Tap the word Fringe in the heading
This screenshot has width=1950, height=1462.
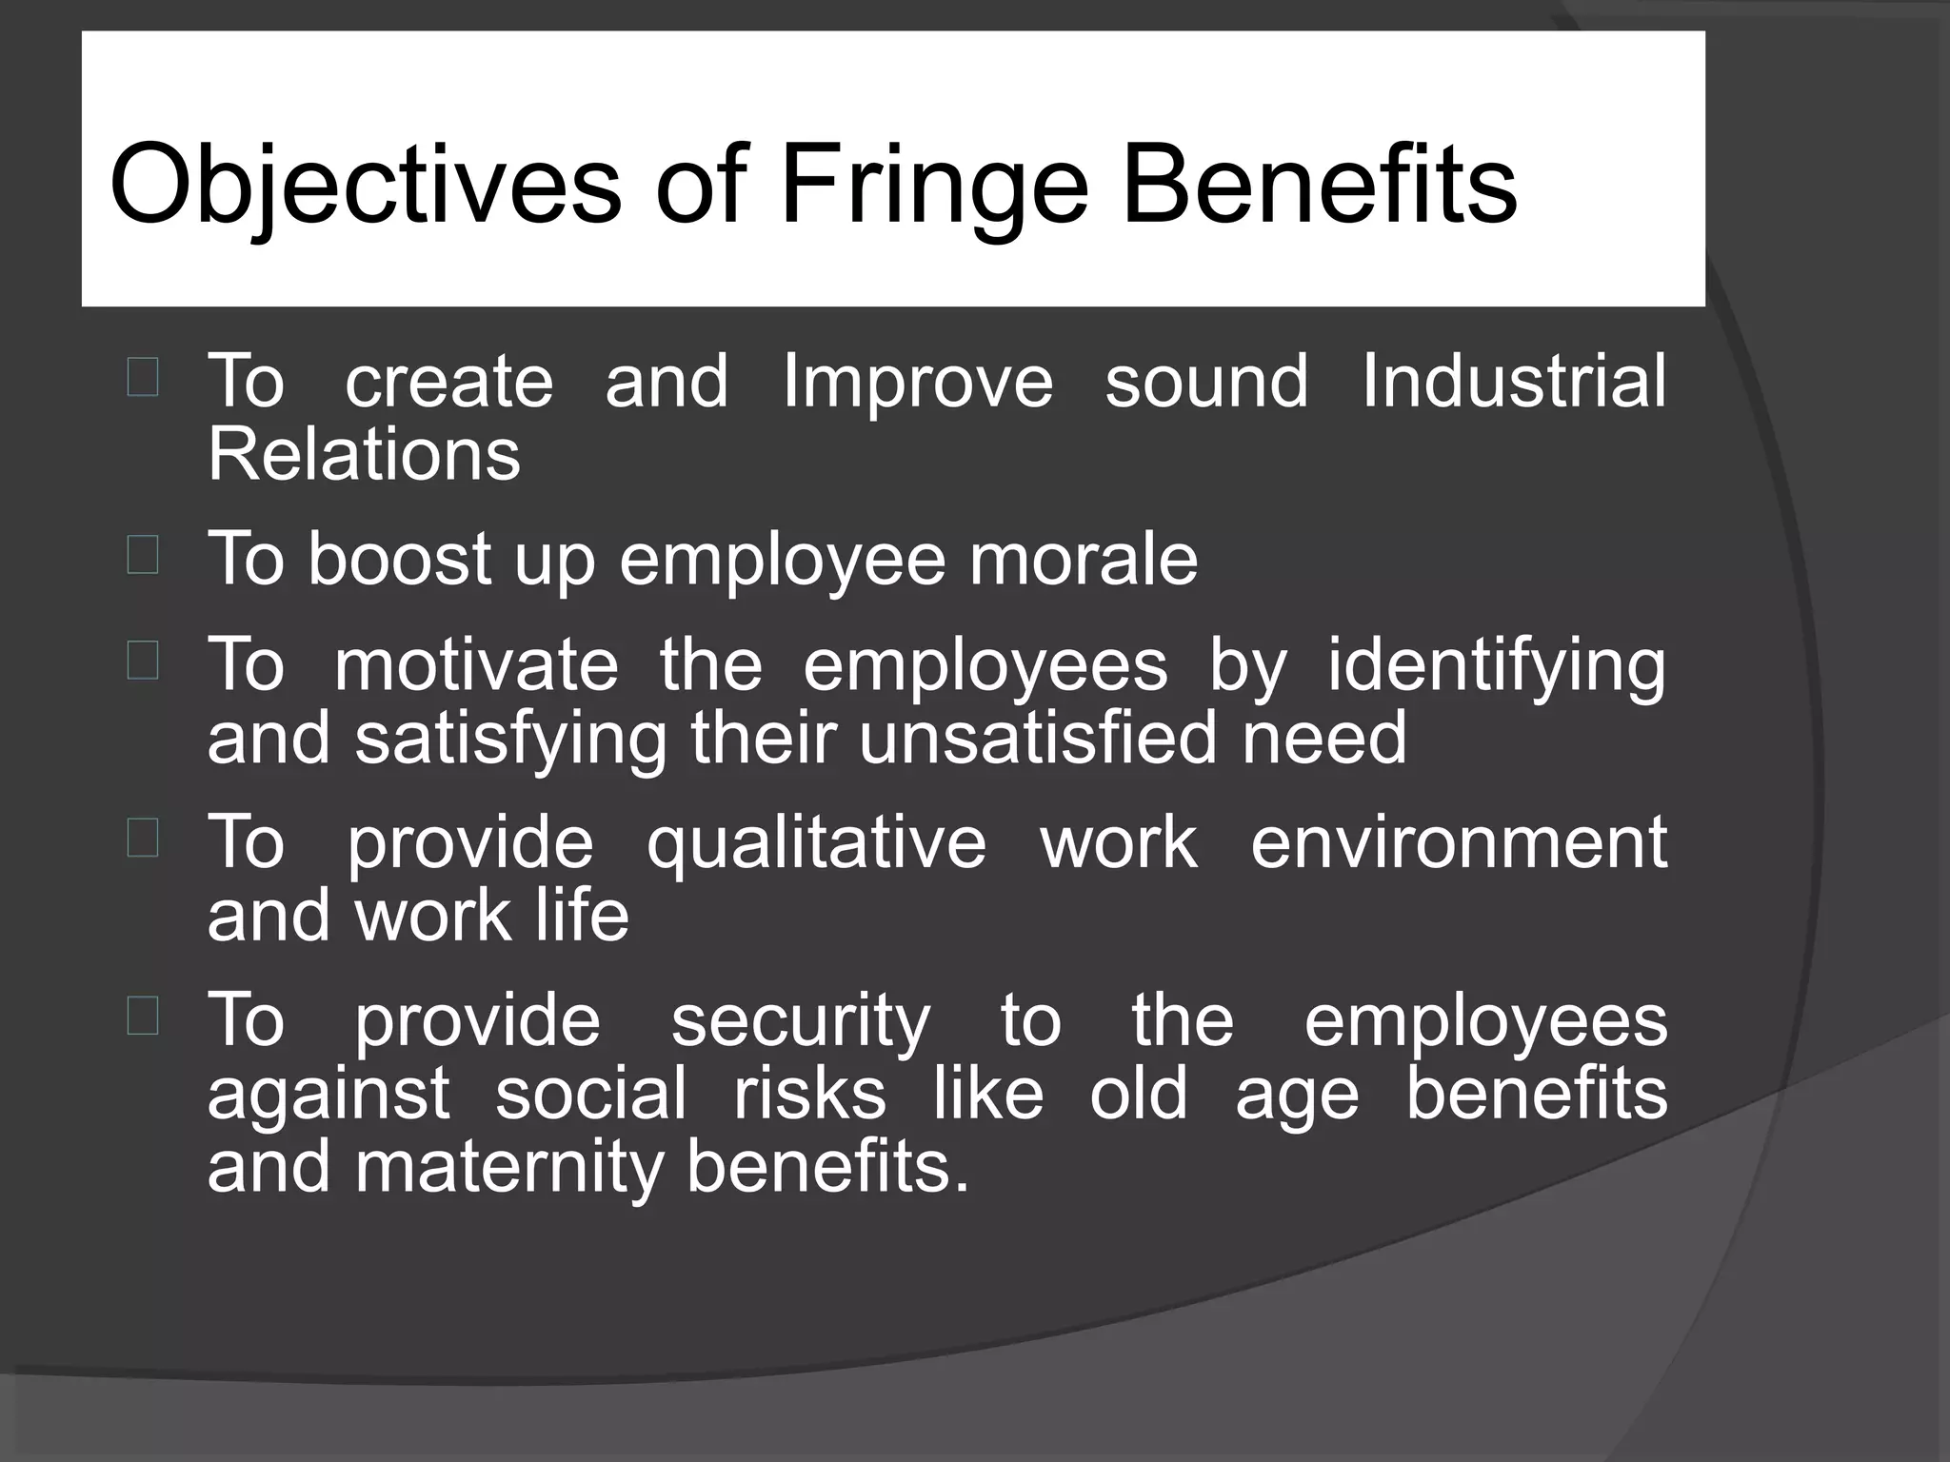[x=934, y=184]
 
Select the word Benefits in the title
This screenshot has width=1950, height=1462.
[x=1320, y=184]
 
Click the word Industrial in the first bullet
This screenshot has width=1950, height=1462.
[x=1514, y=381]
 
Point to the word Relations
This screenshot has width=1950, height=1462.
[x=364, y=454]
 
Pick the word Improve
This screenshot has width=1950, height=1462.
[x=918, y=381]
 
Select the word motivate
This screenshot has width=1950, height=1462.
[x=476, y=663]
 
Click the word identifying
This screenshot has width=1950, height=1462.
[x=1497, y=663]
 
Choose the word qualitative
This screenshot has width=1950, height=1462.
[x=816, y=842]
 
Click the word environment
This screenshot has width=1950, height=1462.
[x=1459, y=842]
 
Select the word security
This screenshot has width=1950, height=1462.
[x=801, y=1019]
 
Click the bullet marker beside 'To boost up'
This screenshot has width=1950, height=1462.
[x=143, y=556]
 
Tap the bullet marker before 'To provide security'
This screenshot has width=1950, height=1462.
[x=143, y=1017]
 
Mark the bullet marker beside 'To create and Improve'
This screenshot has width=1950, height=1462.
[x=143, y=378]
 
